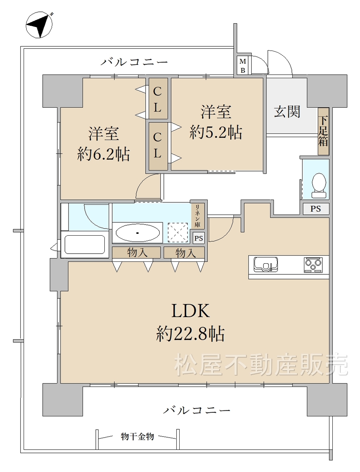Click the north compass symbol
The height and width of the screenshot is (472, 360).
click(x=39, y=25)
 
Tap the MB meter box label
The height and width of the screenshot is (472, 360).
click(x=243, y=66)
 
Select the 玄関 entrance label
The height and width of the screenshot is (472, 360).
click(x=287, y=112)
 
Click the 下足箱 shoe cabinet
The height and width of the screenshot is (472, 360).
click(x=323, y=131)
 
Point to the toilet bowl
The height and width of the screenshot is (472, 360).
click(x=319, y=185)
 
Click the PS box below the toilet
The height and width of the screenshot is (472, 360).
click(x=316, y=209)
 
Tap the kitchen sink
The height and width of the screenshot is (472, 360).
click(x=266, y=264)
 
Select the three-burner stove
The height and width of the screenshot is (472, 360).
click(x=313, y=265)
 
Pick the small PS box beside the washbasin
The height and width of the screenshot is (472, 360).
click(x=198, y=238)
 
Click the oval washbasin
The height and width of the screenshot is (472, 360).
click(x=138, y=233)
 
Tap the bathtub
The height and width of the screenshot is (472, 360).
click(x=85, y=244)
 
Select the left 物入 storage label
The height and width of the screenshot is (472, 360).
click(x=137, y=253)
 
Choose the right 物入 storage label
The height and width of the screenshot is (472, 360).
click(x=186, y=253)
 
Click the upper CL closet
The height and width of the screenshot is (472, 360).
click(x=158, y=98)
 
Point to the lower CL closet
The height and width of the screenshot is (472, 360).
click(x=158, y=146)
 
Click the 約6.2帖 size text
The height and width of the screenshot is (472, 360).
click(x=103, y=154)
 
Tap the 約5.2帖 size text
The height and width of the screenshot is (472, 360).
click(x=216, y=132)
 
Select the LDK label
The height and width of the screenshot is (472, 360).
click(x=191, y=311)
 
